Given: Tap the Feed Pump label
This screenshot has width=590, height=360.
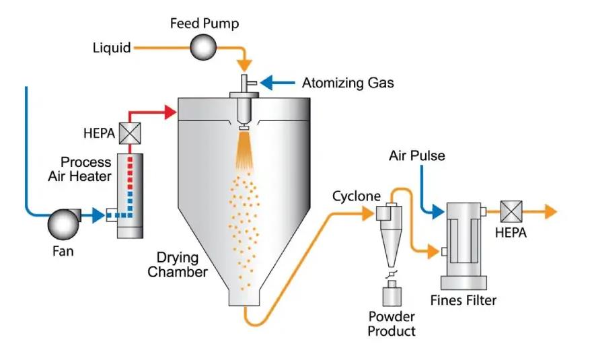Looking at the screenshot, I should point(204,24).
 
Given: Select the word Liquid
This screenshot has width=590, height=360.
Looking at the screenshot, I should point(112,48).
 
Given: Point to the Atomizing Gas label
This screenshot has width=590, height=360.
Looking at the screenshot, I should point(348,83).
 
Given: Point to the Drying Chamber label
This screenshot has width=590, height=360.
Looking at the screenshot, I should point(178,264).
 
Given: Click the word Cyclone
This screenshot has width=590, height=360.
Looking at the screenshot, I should point(356,196).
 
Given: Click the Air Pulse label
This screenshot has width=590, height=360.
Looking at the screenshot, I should point(416,156).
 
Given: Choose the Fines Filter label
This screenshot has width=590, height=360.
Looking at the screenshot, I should point(464,300).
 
